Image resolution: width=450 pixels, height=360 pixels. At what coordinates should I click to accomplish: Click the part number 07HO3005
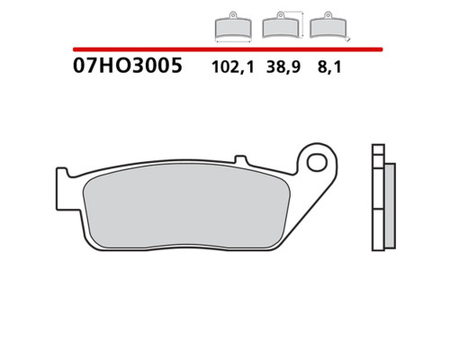(128, 66)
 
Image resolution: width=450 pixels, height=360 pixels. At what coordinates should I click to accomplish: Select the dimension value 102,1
(233, 67)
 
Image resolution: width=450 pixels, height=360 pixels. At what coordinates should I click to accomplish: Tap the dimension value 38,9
(283, 67)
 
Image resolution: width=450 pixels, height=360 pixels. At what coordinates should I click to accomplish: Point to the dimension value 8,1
(329, 67)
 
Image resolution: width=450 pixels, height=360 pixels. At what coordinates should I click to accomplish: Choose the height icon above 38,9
(283, 25)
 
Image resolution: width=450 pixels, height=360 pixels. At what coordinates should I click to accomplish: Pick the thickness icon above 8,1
(329, 26)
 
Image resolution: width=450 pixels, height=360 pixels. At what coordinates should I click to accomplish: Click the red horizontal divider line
(228, 49)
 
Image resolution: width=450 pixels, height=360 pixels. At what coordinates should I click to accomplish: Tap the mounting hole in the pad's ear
(317, 163)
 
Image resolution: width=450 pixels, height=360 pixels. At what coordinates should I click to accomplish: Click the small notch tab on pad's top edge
(241, 159)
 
